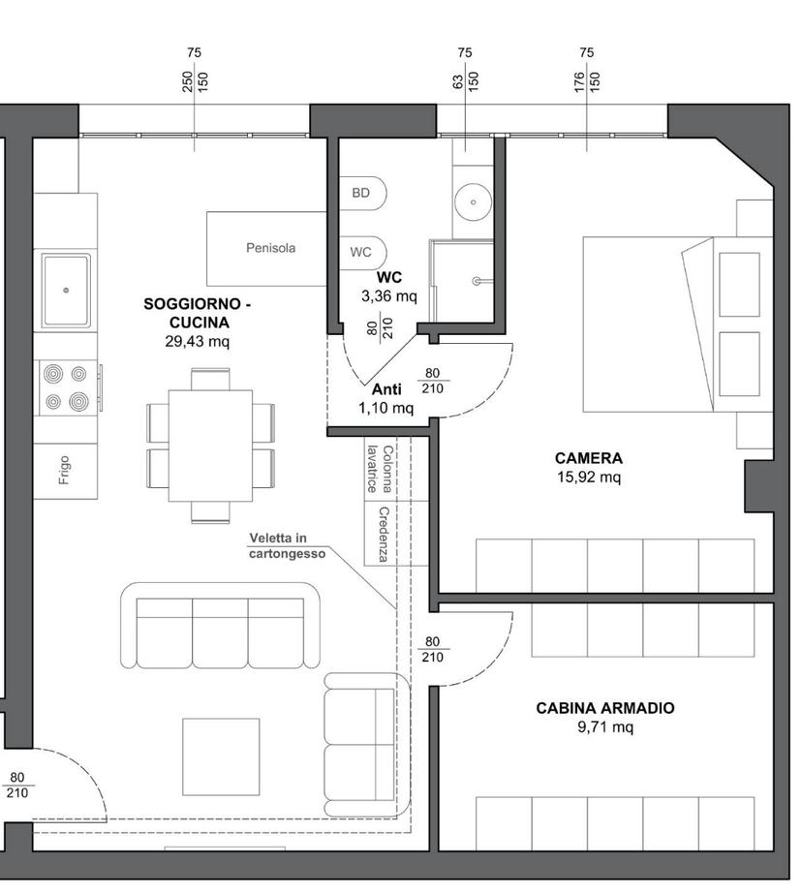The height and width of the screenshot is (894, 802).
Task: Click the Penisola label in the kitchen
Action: tap(271, 248)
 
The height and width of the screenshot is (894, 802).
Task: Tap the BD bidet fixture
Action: tap(363, 193)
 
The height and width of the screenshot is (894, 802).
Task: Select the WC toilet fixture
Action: tap(363, 253)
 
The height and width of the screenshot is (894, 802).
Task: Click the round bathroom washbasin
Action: tap(473, 202)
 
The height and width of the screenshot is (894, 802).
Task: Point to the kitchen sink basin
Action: tap(66, 291)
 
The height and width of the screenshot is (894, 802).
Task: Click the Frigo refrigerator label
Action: tap(64, 471)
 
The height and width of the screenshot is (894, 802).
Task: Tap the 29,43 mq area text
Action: tap(198, 342)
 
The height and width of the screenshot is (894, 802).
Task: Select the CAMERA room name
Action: tap(589, 458)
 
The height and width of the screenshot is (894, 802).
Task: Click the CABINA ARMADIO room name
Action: tap(604, 708)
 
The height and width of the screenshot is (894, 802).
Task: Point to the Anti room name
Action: tap(386, 389)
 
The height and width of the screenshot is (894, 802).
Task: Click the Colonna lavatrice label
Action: tap(380, 469)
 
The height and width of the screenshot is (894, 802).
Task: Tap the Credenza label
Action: tap(384, 535)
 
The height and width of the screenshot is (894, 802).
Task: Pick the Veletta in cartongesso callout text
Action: tap(288, 545)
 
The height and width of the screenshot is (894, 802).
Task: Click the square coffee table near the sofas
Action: tap(221, 756)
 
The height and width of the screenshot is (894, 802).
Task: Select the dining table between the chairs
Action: tap(210, 446)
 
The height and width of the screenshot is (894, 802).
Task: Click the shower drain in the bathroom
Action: tap(476, 281)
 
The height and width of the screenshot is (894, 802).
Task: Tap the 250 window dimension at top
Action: tap(188, 81)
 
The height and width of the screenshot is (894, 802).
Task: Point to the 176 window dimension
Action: tap(579, 81)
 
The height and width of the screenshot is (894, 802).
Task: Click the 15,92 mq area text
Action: tap(589, 478)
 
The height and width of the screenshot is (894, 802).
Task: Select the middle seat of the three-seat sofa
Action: tap(220, 632)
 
